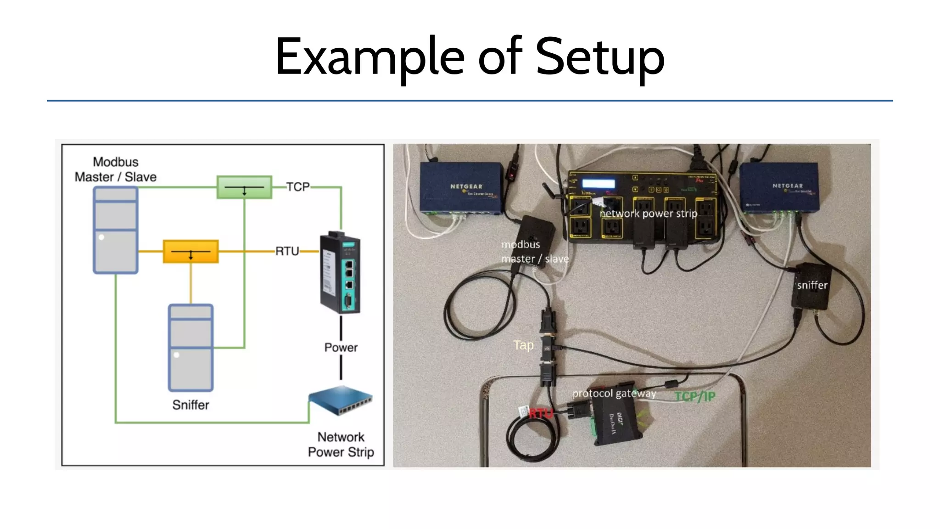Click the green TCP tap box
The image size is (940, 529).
point(244,187)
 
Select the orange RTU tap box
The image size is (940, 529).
point(191,252)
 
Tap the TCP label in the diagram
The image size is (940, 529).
point(298,187)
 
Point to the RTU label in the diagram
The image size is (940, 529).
point(287,251)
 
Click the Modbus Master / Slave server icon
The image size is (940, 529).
point(116,231)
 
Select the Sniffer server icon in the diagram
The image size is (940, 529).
point(190,348)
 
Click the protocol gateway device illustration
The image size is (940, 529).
point(340,274)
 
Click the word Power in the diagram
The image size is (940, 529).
point(341,348)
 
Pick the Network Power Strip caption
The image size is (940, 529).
point(341,445)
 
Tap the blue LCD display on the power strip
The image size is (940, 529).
point(598,184)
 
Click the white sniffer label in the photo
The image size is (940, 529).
point(812,286)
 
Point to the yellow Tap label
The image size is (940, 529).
point(523,345)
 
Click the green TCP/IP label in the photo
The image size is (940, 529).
point(695,397)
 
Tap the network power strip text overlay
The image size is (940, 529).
point(649,214)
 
